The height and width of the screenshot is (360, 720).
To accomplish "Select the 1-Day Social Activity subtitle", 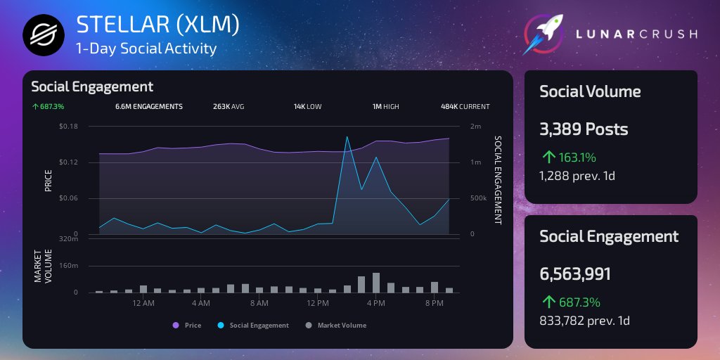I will (x=146, y=49).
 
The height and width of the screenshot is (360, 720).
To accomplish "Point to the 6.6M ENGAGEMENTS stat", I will (x=148, y=107).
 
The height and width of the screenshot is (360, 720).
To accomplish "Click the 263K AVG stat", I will (x=229, y=107).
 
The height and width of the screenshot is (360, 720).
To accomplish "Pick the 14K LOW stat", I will (x=307, y=107).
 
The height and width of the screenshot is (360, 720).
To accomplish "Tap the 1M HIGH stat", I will (x=385, y=107).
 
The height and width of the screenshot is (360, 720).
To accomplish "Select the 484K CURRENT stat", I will (x=465, y=107).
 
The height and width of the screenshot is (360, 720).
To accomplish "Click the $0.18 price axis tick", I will (x=68, y=127).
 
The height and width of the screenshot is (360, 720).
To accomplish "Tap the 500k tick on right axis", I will (x=478, y=198).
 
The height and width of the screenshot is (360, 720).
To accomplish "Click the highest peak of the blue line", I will (x=347, y=137).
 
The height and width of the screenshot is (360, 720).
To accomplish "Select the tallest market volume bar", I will (x=376, y=283).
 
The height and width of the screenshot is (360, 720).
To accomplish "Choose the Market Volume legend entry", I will (x=337, y=326).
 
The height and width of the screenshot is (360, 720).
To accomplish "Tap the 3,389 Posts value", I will (x=584, y=130).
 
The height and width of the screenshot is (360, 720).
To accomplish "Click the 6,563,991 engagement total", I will (x=575, y=274).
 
